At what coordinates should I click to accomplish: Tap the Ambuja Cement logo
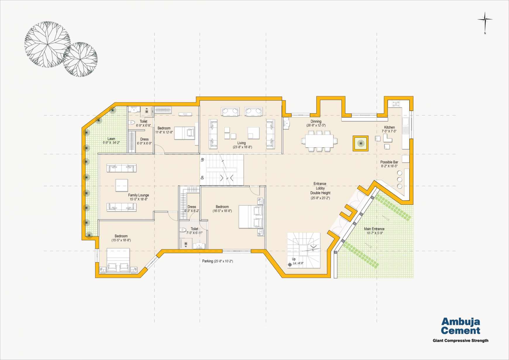[x=461, y=326]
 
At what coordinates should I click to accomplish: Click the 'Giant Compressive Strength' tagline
[x=460, y=340]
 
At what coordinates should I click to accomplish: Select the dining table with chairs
[x=319, y=141]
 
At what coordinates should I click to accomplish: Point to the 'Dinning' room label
[x=316, y=121]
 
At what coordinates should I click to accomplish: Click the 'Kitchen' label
[x=389, y=127]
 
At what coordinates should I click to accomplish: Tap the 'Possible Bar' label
[x=389, y=162]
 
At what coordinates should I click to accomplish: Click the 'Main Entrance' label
[x=374, y=229]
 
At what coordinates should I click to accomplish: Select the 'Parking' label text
[x=207, y=261]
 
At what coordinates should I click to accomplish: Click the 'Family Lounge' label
[x=138, y=195]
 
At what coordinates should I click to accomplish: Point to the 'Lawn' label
[x=111, y=139]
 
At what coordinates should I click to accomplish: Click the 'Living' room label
[x=241, y=143]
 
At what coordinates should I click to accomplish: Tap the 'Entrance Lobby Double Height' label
[x=320, y=188]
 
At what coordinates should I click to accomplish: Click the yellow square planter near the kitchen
[x=360, y=143]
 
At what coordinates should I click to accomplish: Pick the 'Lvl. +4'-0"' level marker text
[x=298, y=263]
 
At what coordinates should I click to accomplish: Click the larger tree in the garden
[x=47, y=44]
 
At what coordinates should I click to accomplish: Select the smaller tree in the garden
[x=80, y=59]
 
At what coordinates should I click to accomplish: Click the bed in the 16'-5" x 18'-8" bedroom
[x=251, y=217]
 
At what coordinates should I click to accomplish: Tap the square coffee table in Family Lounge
[x=121, y=185]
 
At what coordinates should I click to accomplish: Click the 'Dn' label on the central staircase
[x=202, y=177]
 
